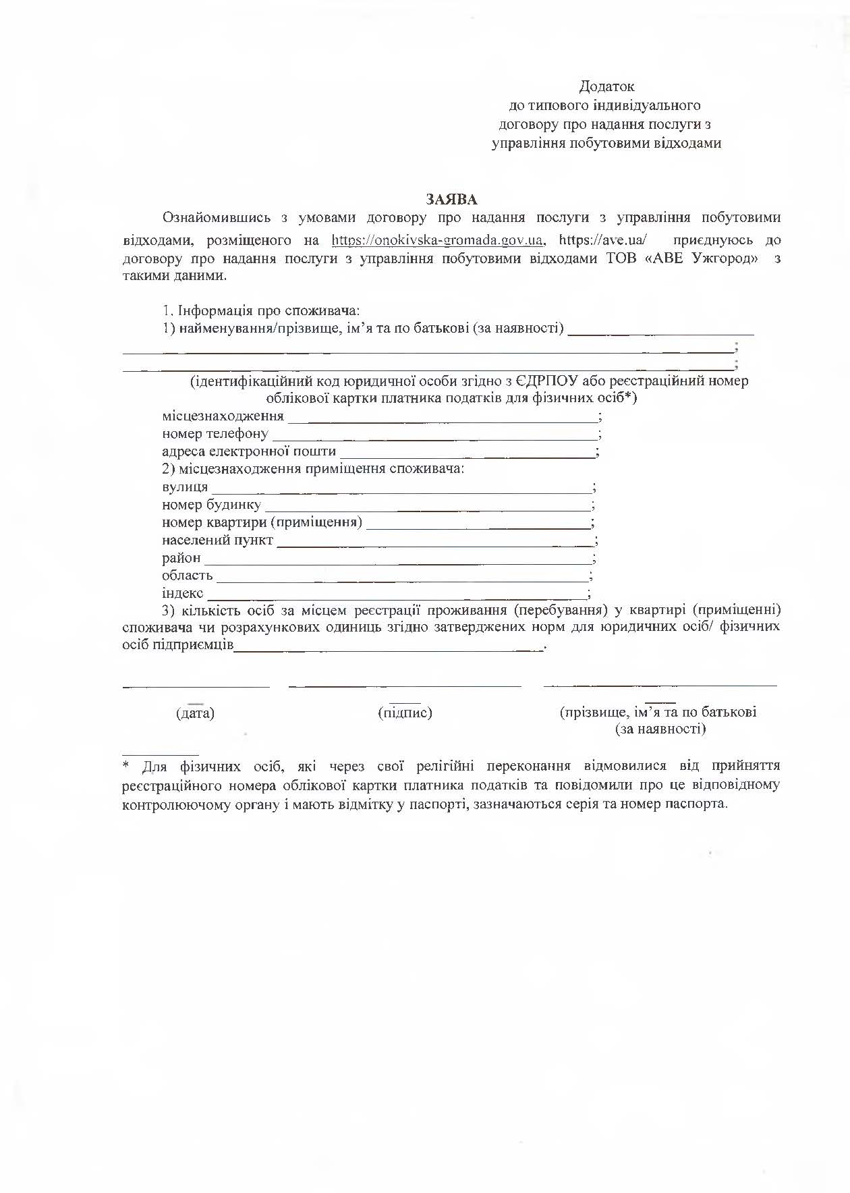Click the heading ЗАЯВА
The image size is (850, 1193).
(451, 199)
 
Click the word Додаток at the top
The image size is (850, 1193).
(606, 86)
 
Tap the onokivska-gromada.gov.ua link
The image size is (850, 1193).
(438, 240)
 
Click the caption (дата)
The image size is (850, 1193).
(195, 713)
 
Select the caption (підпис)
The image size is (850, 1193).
(405, 713)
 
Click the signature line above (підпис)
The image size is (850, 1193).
(405, 685)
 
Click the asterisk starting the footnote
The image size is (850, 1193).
(125, 766)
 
